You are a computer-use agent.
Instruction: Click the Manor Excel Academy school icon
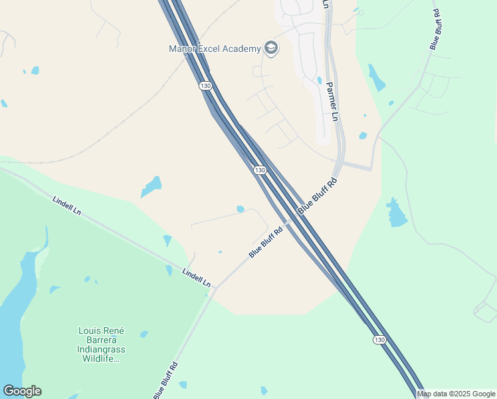(270, 48)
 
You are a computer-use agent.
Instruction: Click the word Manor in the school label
(181, 49)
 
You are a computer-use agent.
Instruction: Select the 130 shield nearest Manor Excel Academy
(205, 86)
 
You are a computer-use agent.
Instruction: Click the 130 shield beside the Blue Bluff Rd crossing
(260, 171)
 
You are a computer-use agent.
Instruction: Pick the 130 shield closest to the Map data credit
(379, 340)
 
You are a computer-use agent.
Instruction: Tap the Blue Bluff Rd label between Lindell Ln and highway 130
(266, 242)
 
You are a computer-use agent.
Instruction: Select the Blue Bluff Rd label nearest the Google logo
(165, 380)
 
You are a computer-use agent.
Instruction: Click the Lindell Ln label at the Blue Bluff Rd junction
(196, 277)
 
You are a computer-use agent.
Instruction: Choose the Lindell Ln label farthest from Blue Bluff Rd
(68, 205)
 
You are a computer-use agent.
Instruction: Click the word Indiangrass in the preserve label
(102, 349)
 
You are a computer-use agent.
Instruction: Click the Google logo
(22, 391)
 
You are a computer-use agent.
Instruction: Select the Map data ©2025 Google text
(456, 394)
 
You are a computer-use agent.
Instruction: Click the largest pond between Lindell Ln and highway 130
(151, 186)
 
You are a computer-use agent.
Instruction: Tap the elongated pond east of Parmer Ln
(376, 78)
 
